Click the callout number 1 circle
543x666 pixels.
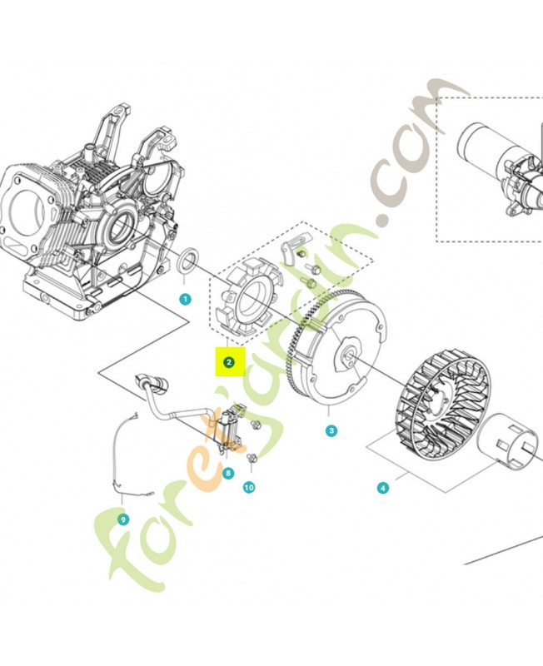coord(185,299)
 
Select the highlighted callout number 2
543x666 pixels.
coord(229,362)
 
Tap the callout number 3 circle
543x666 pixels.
coord(331,430)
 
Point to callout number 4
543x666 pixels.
coord(383,488)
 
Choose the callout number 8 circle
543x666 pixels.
coord(228,473)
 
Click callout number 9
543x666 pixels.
coord(123,519)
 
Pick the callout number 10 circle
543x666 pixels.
coord(249,487)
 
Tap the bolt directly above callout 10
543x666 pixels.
coord(252,458)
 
